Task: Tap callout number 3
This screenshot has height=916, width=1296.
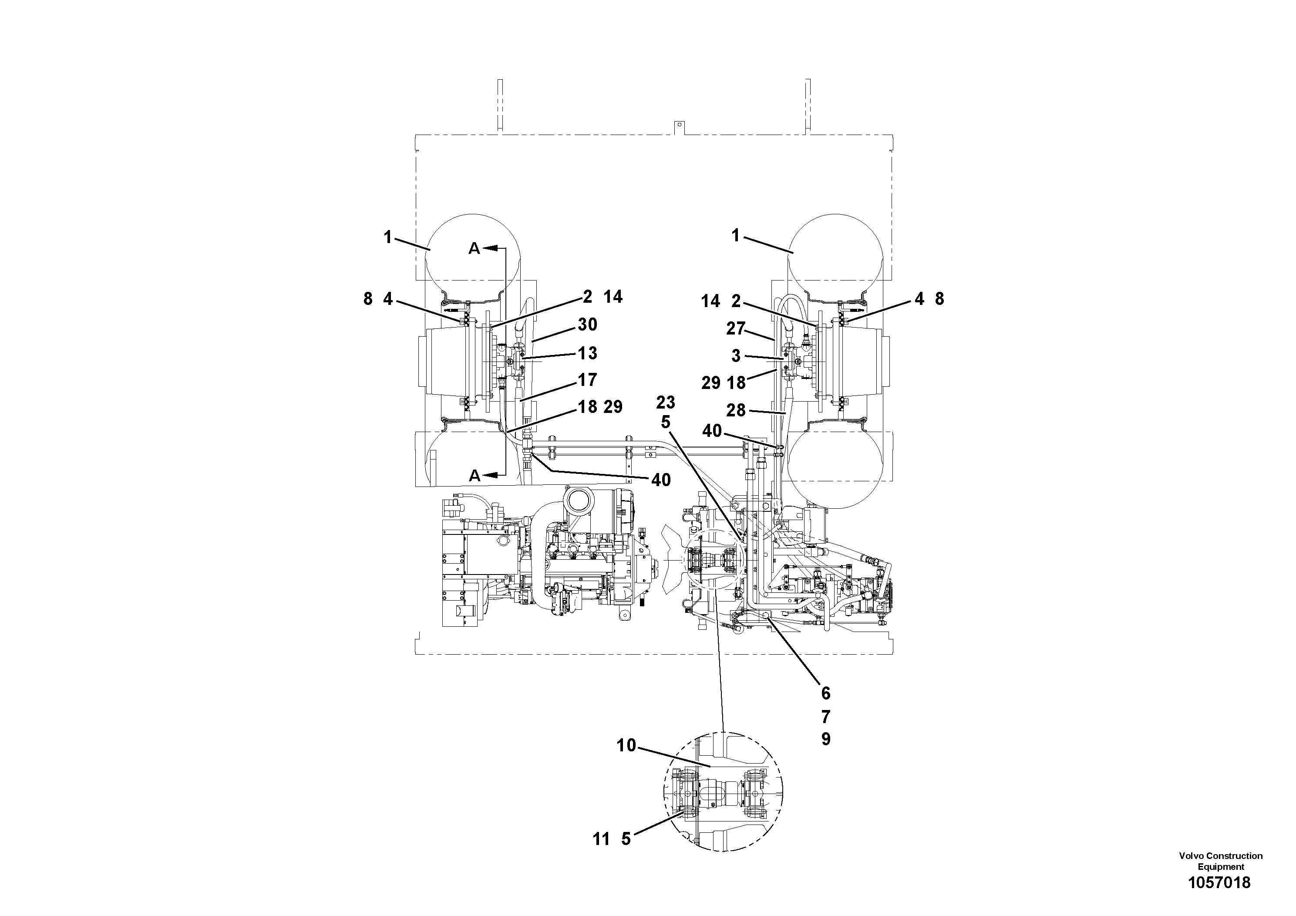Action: tap(735, 356)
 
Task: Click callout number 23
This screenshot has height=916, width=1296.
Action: tap(666, 402)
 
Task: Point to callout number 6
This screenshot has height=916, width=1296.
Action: tap(825, 693)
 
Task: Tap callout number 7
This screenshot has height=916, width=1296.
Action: tap(825, 717)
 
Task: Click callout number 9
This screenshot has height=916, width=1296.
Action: tap(825, 739)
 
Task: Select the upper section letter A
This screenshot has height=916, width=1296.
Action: tap(474, 248)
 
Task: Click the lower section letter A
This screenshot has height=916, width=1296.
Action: tap(474, 476)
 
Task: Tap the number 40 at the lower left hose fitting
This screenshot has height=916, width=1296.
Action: tap(660, 480)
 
